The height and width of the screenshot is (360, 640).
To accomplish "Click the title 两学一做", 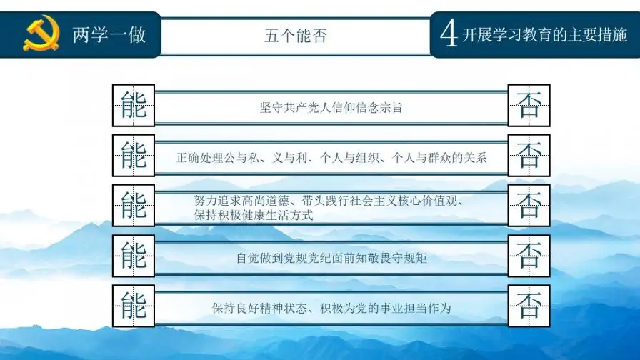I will point(109,34).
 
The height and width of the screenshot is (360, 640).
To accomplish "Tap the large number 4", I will point(449,34).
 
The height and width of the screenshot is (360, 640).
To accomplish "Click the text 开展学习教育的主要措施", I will point(545,34).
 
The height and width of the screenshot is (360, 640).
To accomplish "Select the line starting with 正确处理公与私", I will point(331,157).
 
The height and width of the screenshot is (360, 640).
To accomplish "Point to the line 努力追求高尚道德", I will point(329,201).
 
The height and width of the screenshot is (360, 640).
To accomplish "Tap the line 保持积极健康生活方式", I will point(254,214).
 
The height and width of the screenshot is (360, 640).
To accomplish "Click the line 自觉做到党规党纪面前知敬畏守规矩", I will point(331,258).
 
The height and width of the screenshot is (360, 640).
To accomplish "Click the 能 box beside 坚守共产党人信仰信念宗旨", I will point(134,106).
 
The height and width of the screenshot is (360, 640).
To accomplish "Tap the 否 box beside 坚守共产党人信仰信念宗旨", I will point(529,106).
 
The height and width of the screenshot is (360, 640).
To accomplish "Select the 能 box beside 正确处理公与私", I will point(134,155).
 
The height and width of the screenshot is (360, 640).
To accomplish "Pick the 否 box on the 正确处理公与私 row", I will point(529,155).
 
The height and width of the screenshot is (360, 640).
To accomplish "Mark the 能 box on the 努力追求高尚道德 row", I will point(134,206).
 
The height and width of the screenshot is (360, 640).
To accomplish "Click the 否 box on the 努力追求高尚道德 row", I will point(529,206).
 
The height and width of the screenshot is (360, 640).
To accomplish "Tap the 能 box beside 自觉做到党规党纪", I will point(134,256).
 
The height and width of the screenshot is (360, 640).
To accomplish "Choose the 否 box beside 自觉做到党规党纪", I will point(529,256).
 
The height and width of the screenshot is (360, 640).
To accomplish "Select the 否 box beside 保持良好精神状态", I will point(529,306).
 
